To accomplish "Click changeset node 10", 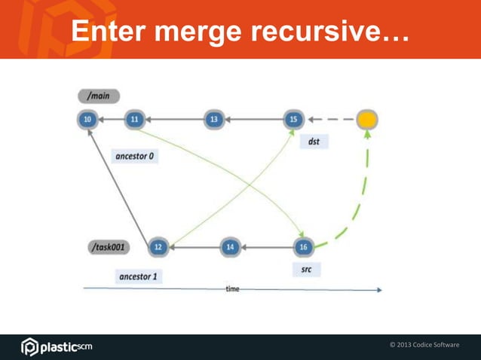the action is [x=88, y=119].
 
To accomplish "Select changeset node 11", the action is [x=134, y=119].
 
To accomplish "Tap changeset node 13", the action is [x=215, y=119].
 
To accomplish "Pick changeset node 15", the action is [x=294, y=119].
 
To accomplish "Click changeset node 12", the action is [x=158, y=246].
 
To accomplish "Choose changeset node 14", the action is [x=231, y=246].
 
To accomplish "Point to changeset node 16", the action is [x=303, y=246].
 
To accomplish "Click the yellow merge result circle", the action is [x=367, y=119].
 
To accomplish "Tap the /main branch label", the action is [x=98, y=96].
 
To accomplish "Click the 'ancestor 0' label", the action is [x=135, y=157].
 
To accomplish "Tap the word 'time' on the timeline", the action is [x=233, y=289].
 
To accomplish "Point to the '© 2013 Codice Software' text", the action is [x=424, y=345].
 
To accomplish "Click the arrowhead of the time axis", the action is [x=379, y=289].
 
